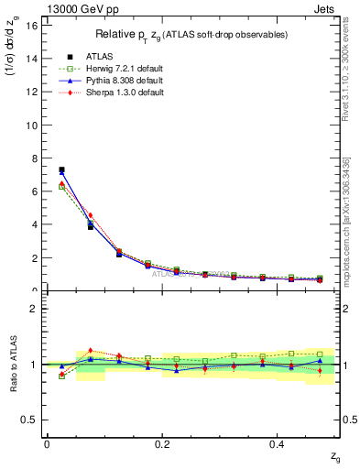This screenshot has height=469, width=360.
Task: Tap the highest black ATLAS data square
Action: (x=61, y=169)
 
